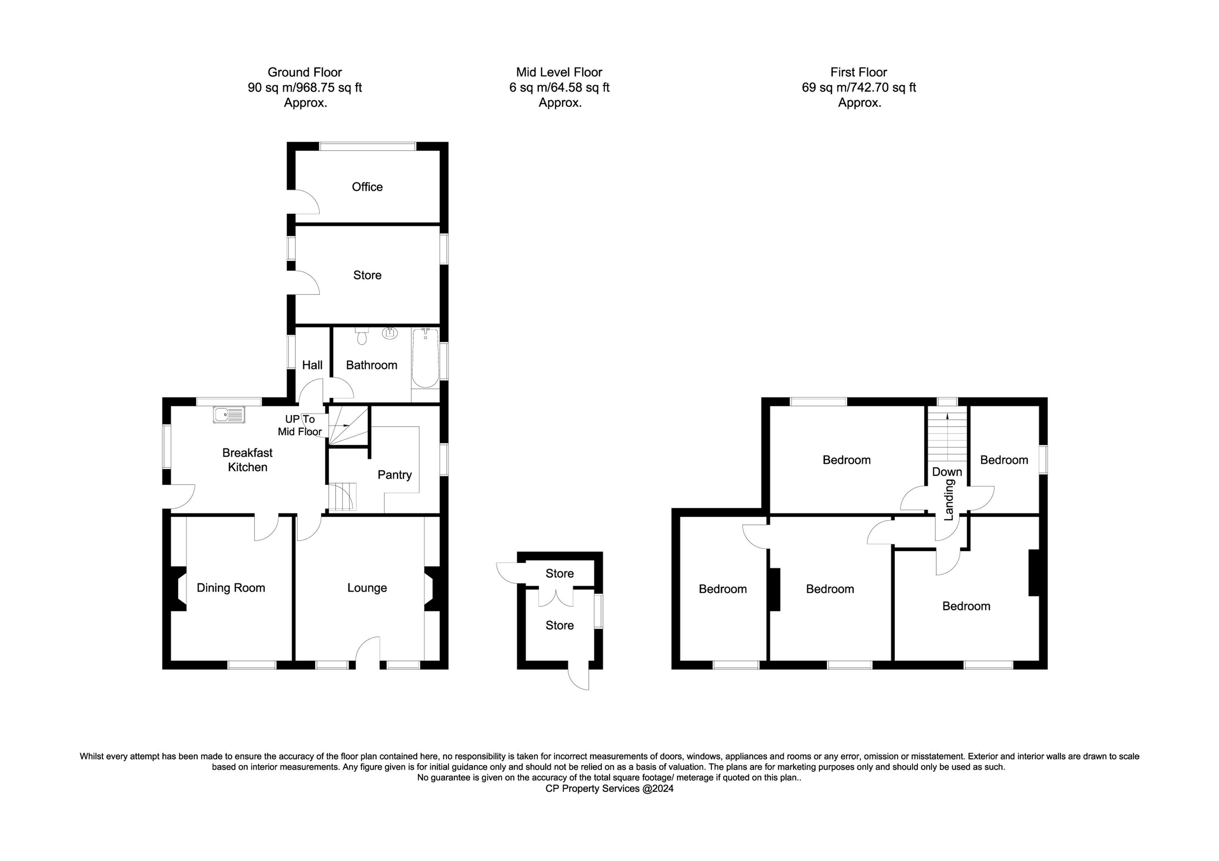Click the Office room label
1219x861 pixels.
(367, 187)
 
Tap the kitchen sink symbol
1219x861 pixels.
(229, 415)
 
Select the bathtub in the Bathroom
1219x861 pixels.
(425, 358)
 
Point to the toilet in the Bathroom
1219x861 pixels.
(362, 335)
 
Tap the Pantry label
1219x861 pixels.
(395, 475)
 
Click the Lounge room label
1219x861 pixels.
(367, 588)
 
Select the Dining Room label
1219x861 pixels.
(231, 588)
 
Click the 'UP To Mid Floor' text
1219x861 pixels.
(300, 425)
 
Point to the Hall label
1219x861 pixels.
(312, 365)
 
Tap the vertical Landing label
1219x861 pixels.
(949, 500)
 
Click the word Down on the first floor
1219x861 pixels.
(947, 472)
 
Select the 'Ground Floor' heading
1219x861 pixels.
(305, 72)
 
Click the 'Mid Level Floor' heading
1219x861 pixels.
(559, 72)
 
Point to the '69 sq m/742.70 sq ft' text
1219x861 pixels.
(859, 88)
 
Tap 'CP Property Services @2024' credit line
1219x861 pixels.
(609, 788)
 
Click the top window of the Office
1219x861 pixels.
(367, 146)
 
